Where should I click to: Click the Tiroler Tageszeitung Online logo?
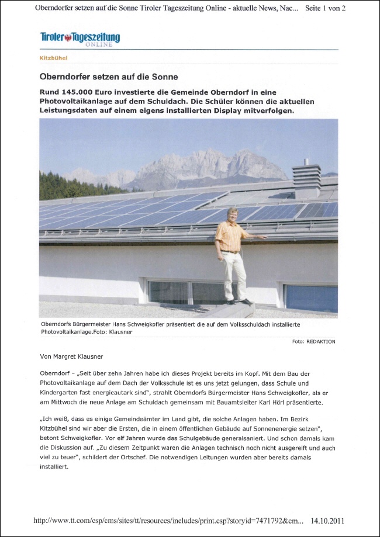click(x=80, y=39)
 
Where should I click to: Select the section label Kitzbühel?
click(x=53, y=58)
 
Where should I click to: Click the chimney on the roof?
click(x=306, y=179)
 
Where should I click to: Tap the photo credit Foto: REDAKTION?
click(x=313, y=341)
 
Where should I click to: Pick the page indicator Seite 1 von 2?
click(x=326, y=8)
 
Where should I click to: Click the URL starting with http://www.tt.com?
click(x=169, y=521)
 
